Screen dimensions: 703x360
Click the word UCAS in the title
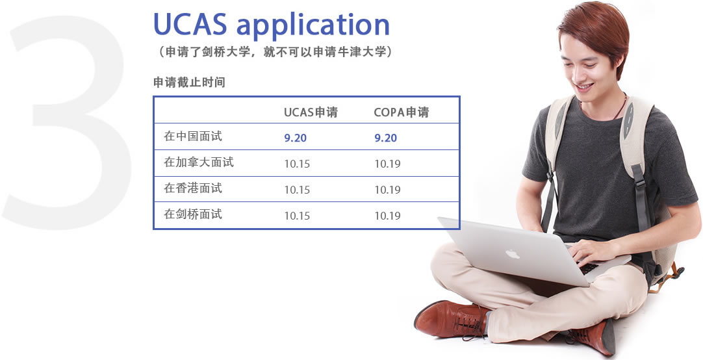coord(190,24)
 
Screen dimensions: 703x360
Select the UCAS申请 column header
coord(311,112)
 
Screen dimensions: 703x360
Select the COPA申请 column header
coord(402,112)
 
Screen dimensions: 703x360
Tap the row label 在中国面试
coord(193,136)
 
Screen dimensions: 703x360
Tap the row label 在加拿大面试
coord(199,162)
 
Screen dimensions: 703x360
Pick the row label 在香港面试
coord(193,188)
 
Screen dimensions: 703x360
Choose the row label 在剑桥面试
coord(193,214)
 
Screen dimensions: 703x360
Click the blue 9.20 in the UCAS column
coord(296,138)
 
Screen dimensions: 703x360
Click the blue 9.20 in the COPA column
coord(386,138)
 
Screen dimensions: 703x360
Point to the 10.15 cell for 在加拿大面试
coord(298,164)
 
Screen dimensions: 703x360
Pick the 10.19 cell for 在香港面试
coord(388,190)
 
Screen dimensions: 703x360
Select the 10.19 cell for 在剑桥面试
coord(388,216)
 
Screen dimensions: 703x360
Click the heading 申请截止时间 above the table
coord(189,83)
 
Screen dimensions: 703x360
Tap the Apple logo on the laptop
coord(513,255)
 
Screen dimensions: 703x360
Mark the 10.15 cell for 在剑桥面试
coord(298,216)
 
